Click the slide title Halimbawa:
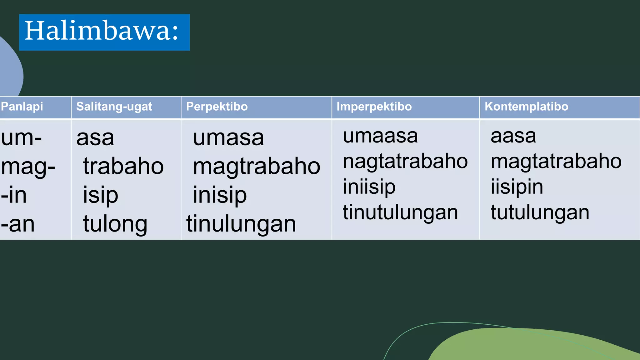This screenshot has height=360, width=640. [x=102, y=31]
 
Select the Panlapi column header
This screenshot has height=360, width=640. [x=22, y=107]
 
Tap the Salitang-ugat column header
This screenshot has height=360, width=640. [x=114, y=107]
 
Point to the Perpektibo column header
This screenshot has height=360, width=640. [x=217, y=107]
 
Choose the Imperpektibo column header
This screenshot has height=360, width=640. [x=374, y=107]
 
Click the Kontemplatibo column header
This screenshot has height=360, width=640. [x=526, y=107]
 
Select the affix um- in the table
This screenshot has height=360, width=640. [x=21, y=138]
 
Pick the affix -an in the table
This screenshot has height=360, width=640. [x=17, y=224]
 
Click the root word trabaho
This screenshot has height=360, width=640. [x=123, y=166]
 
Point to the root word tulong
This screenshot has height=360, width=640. [x=115, y=224]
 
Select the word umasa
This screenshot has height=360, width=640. [x=228, y=138]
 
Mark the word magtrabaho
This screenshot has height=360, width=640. [x=257, y=166]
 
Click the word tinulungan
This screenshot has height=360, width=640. [x=241, y=224]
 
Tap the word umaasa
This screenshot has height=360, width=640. [x=380, y=136]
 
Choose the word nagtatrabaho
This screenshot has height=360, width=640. [x=405, y=162]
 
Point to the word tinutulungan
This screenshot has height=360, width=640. [x=400, y=212]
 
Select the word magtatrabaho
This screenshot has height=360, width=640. [x=556, y=162]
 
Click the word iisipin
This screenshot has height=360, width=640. [x=517, y=187]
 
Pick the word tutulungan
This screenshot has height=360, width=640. [x=540, y=212]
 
